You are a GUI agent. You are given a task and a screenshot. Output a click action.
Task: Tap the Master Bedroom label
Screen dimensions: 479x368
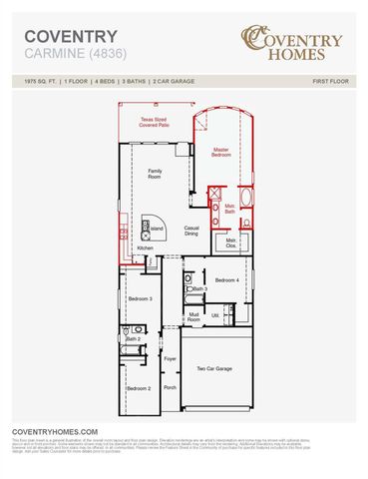click(x=222, y=153)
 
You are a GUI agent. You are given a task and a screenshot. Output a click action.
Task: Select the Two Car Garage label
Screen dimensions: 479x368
click(x=212, y=368)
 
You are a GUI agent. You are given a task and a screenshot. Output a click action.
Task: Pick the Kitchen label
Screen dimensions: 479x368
click(x=146, y=248)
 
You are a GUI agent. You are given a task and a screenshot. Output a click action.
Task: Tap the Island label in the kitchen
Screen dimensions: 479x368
click(x=158, y=229)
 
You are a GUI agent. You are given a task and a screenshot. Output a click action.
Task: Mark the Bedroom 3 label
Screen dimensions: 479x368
click(x=141, y=298)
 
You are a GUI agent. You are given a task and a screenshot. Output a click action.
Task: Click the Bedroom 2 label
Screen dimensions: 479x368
click(x=139, y=387)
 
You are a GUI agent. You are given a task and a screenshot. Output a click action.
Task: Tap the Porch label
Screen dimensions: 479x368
click(x=170, y=387)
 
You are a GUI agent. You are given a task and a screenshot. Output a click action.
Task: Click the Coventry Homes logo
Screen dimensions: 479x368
click(x=293, y=41)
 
